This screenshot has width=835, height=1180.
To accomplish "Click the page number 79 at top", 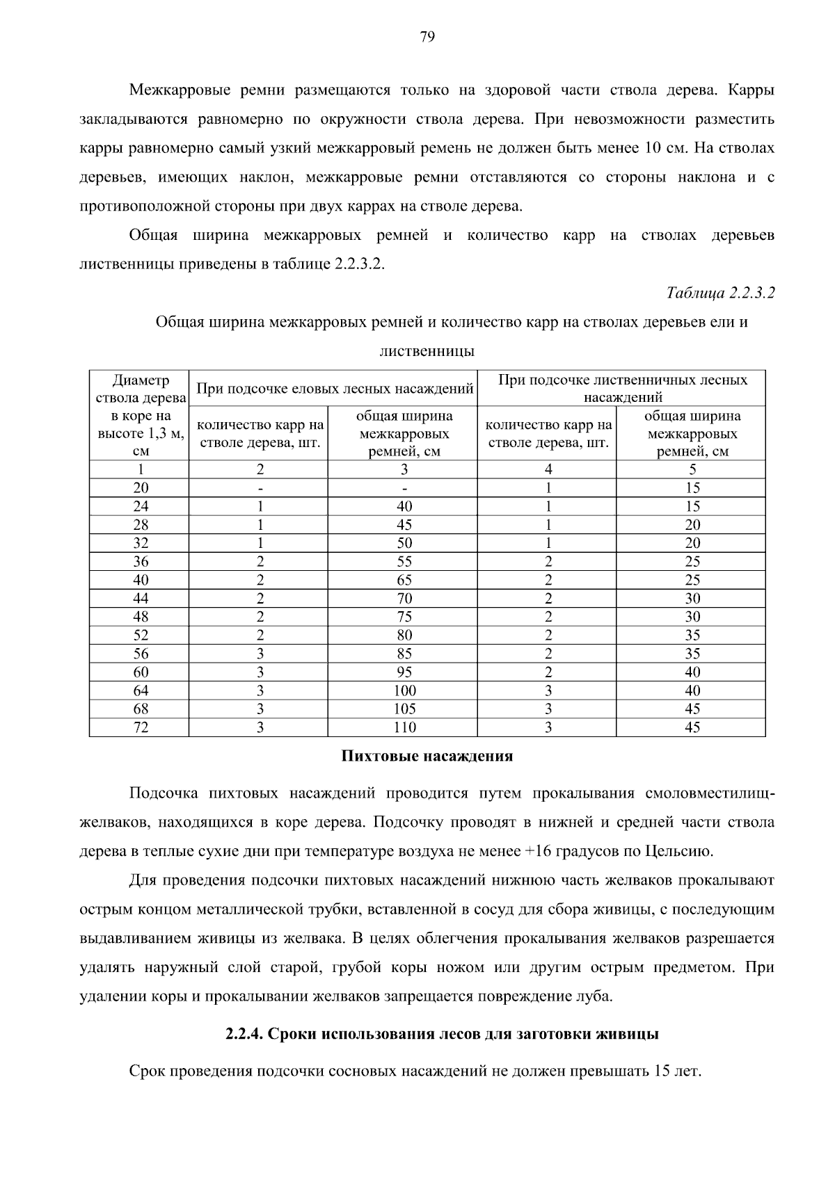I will pos(427,37).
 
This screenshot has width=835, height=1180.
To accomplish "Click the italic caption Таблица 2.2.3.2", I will pos(720,293).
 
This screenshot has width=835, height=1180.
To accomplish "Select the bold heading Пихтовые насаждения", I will pos(427,757).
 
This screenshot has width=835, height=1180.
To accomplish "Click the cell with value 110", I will pos(404,727).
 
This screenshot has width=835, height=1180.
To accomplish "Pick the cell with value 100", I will pos(404,690).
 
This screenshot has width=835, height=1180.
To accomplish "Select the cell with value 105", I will pos(404,709).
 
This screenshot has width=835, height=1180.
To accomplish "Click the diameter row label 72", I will pos(141,727).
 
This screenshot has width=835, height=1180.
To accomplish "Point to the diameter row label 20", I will pos(141,487).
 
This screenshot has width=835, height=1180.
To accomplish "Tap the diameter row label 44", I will pos(141,598).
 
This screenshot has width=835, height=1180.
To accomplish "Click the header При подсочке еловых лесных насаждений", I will pos(335,389).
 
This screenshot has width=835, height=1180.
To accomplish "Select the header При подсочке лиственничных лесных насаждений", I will pos(623,389).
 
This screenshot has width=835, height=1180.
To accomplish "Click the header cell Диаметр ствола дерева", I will pos(141,389).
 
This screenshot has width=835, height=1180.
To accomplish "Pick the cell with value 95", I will pos(404,672).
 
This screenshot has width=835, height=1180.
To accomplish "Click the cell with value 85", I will pos(404,654).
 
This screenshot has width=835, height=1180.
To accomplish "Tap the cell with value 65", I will pos(404,580).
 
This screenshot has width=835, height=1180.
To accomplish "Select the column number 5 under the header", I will pos(692,469).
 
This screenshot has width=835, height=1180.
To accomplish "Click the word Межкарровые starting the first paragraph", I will pos(186,90).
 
